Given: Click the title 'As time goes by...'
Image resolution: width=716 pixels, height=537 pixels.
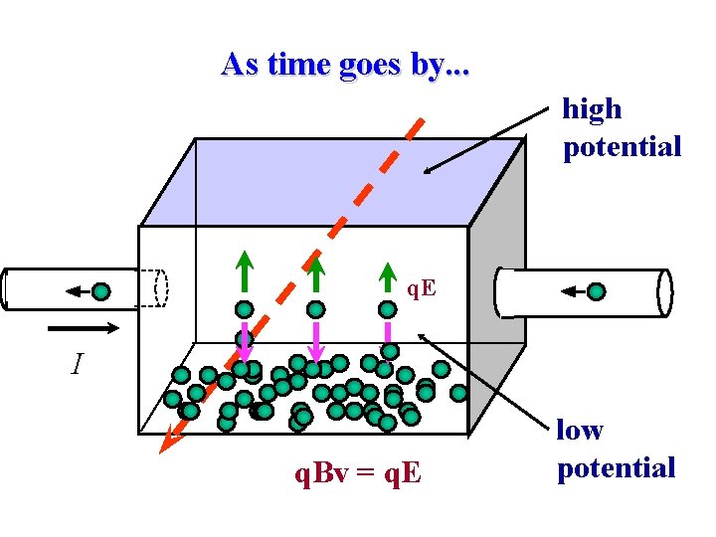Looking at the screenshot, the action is [x=347, y=65].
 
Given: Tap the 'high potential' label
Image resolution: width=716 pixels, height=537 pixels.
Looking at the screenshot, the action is [x=622, y=127].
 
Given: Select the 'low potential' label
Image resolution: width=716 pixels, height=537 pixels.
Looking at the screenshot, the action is [x=616, y=448].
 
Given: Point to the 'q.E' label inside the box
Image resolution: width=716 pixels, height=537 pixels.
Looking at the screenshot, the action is [x=421, y=288].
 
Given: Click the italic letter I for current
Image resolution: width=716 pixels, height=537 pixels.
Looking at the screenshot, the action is [x=77, y=366].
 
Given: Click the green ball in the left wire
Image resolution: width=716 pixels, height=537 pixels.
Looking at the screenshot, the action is [x=102, y=291].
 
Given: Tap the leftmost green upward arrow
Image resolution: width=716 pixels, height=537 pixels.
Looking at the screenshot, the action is [x=244, y=271].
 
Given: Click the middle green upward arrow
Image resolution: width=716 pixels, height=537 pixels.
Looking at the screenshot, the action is [x=315, y=271].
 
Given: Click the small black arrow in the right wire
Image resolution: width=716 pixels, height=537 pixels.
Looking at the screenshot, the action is [x=572, y=291].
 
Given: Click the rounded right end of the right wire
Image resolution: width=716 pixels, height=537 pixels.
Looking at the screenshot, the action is [x=664, y=291].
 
